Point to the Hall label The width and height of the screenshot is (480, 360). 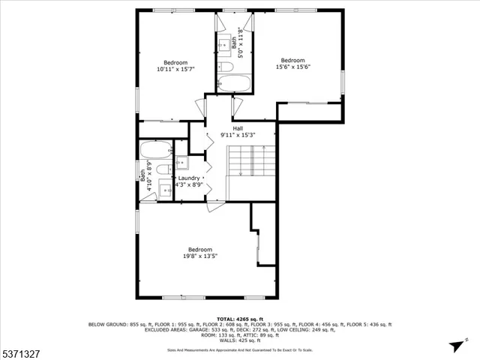[237, 128]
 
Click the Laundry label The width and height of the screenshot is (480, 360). [188, 178]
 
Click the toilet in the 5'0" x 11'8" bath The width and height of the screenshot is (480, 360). [224, 67]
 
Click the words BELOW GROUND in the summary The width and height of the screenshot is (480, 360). [107, 324]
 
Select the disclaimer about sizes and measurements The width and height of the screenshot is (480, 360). [240, 349]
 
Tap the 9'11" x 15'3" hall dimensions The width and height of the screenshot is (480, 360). [238, 135]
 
